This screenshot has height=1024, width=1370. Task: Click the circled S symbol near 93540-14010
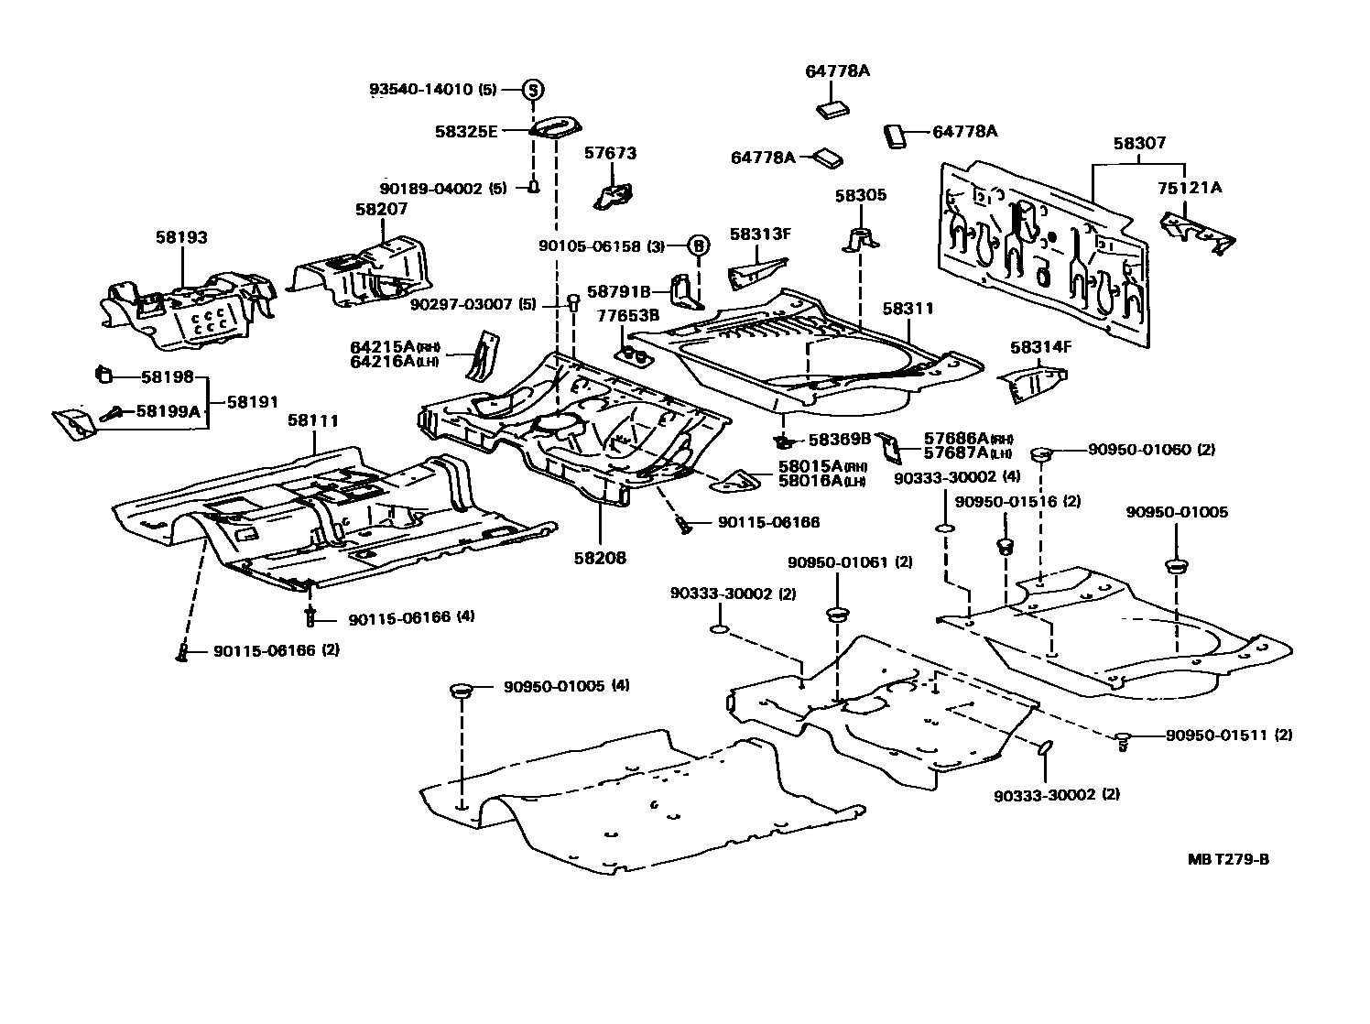click(x=533, y=90)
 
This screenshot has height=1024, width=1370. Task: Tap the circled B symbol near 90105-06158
click(x=698, y=245)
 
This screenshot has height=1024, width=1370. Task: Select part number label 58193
click(x=182, y=237)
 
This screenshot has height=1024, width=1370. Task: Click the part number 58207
click(x=381, y=209)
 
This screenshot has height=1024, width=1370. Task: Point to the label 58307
click(x=1139, y=144)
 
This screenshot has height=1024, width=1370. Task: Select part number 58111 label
click(x=313, y=420)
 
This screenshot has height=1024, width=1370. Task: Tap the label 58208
click(x=600, y=557)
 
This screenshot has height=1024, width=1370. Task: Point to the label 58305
click(x=860, y=195)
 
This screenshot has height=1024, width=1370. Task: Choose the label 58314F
click(x=1040, y=347)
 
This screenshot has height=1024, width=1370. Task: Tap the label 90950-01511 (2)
click(x=1229, y=735)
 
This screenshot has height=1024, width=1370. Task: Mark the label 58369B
click(x=840, y=440)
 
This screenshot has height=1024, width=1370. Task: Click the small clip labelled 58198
click(x=103, y=374)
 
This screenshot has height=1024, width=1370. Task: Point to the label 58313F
click(x=759, y=234)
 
